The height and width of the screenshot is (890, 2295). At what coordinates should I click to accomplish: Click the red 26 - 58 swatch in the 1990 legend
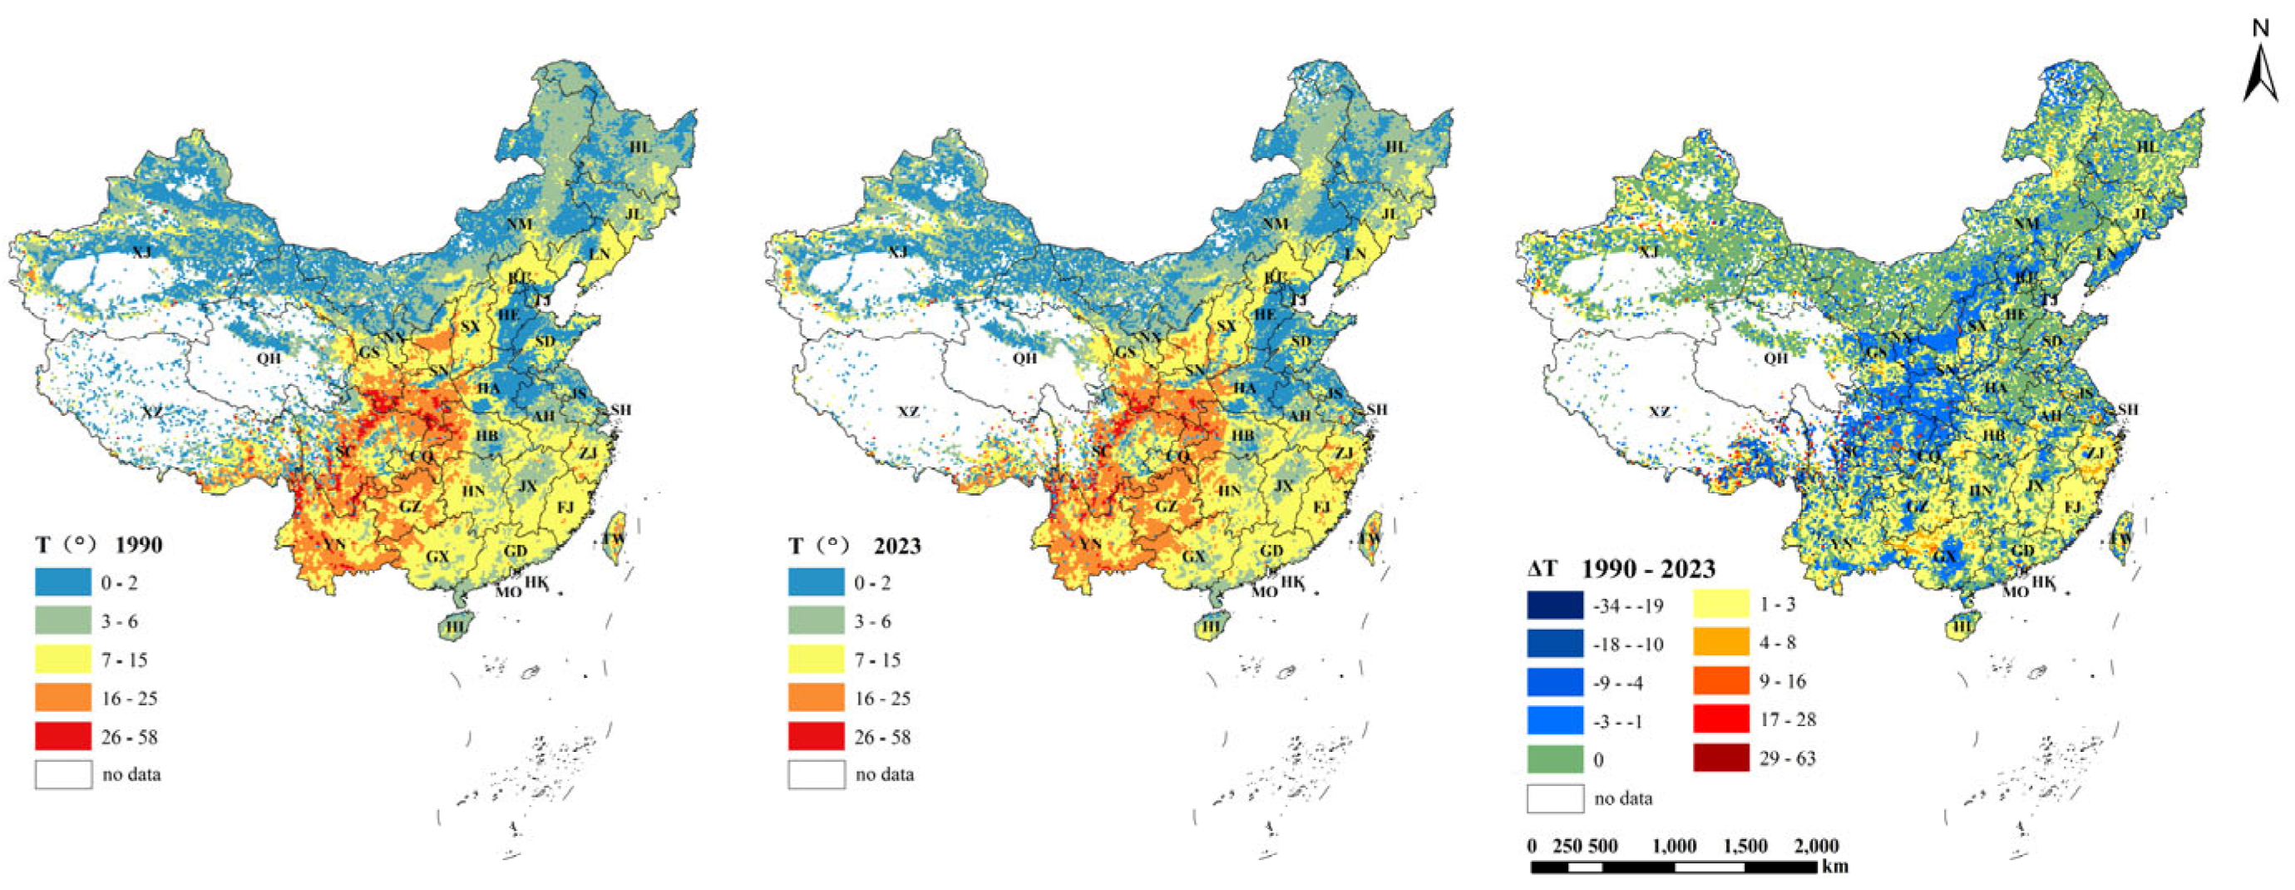click(63, 737)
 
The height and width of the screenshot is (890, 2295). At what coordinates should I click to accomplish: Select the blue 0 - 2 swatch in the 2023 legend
click(815, 582)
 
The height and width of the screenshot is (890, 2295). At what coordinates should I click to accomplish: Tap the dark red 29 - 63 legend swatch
click(1721, 758)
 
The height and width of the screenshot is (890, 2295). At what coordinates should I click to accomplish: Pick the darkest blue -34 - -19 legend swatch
click(1555, 606)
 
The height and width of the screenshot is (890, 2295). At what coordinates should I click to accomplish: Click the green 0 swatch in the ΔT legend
click(1555, 760)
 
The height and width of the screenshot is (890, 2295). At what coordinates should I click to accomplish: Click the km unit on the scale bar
click(1835, 867)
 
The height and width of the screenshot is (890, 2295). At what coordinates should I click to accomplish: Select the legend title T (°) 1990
click(99, 545)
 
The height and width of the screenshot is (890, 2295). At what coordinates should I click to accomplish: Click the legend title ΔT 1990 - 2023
click(1621, 568)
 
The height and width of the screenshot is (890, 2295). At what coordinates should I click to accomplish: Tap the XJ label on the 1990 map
click(141, 253)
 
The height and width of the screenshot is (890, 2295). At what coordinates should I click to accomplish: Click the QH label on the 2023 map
click(1024, 358)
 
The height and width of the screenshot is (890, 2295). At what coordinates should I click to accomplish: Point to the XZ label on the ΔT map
click(1659, 412)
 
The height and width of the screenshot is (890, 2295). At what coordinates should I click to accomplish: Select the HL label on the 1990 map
click(639, 147)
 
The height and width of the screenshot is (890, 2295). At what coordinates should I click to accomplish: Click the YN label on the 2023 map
click(1089, 544)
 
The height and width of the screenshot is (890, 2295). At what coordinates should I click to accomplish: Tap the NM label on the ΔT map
click(2026, 224)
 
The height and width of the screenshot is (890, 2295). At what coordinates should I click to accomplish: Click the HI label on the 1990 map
click(456, 626)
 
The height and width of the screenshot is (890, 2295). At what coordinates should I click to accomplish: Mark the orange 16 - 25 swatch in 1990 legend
click(63, 699)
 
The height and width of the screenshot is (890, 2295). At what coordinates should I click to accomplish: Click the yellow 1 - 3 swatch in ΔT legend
click(1721, 605)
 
